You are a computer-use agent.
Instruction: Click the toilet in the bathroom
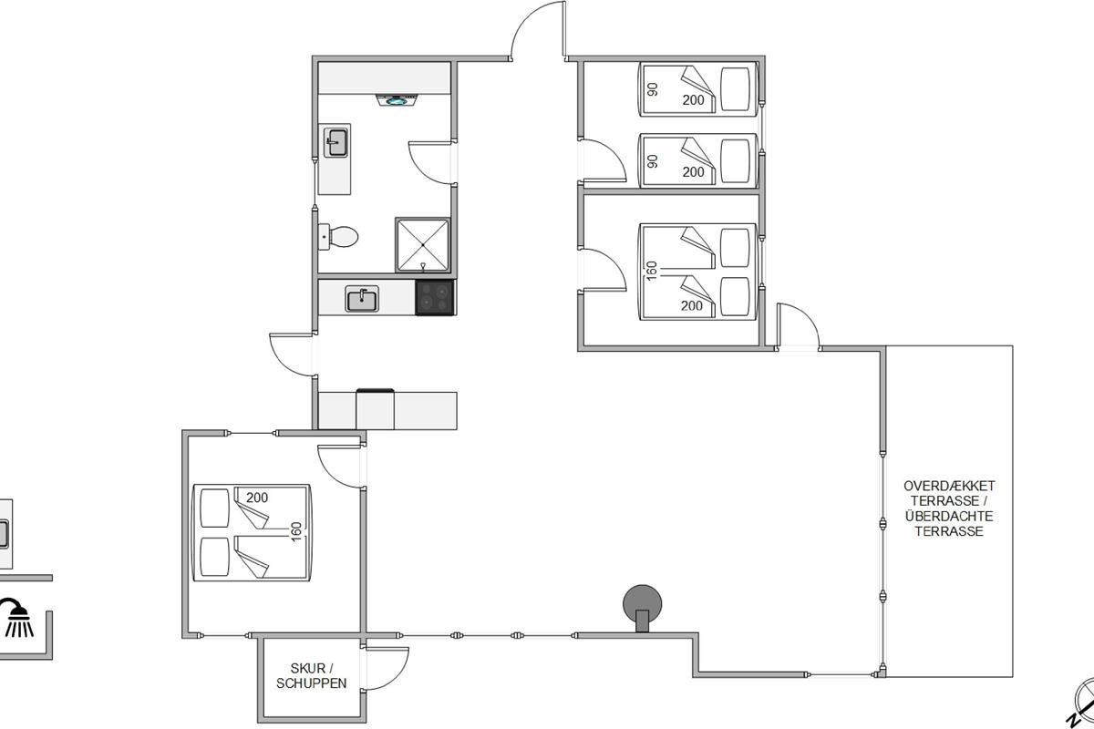point(338,237)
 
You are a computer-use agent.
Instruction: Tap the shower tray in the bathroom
point(422,245)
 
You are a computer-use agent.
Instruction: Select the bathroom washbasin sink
point(335,142)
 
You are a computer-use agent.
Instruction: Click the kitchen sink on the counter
point(362,299)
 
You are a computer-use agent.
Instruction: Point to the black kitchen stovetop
point(435,297)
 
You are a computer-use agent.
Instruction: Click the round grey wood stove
point(642,608)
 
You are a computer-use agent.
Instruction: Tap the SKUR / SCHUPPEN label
point(312,676)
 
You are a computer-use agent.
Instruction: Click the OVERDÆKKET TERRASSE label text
point(949,493)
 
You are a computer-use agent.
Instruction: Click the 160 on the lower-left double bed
point(296,532)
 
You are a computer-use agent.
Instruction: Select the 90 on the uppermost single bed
point(652,89)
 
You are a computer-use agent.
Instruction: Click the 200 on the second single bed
point(693,172)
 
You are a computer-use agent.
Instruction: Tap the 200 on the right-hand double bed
point(692,305)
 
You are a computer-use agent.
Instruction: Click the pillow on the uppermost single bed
point(735,89)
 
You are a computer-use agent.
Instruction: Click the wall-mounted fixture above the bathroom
point(397,100)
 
